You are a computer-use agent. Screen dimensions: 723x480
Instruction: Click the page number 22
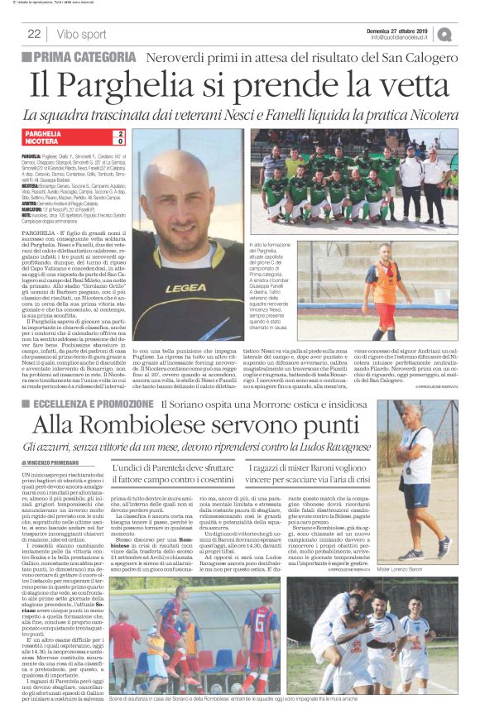(x=34, y=34)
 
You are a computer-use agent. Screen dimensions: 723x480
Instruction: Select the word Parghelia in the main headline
(x=151, y=86)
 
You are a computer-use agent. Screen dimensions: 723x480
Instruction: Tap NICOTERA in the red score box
(x=41, y=141)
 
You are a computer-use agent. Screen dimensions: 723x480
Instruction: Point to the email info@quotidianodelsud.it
(x=403, y=37)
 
